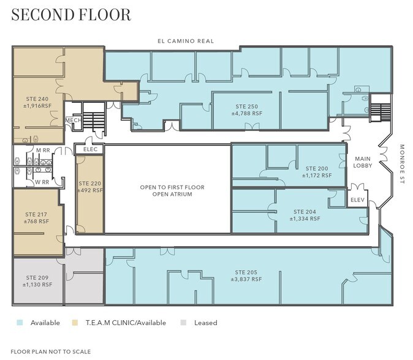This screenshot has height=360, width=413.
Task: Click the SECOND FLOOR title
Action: click(x=71, y=15)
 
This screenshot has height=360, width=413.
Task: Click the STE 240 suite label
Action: click(x=37, y=102)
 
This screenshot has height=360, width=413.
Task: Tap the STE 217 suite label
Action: click(x=37, y=217)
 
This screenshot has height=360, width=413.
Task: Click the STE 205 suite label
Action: click(x=246, y=276)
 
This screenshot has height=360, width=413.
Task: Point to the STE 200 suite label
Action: click(x=316, y=171)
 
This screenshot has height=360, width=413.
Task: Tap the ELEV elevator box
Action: click(x=357, y=200)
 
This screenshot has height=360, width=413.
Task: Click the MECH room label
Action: click(x=74, y=121)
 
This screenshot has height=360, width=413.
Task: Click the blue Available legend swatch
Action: click(x=20, y=323)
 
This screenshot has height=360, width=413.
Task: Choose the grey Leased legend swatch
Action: click(x=184, y=323)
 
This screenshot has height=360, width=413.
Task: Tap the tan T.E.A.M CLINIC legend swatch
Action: click(x=75, y=323)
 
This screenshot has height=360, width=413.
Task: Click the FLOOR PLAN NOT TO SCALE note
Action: click(x=51, y=351)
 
